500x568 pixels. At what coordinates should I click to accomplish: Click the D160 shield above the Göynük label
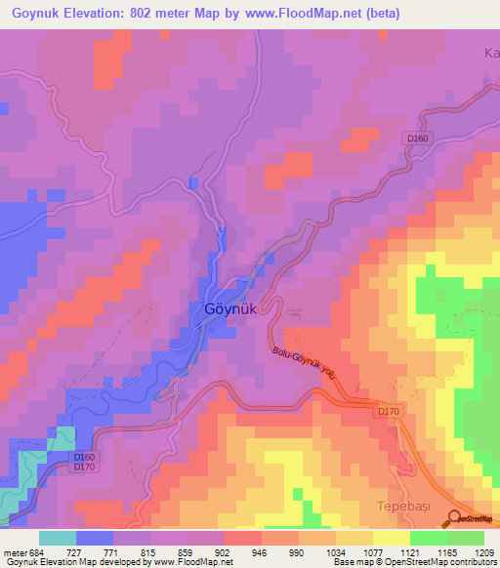pyautogui.click(x=418, y=139)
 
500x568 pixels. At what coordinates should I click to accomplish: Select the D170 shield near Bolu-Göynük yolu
pyautogui.click(x=388, y=413)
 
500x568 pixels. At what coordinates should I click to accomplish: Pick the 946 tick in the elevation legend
pyautogui.click(x=260, y=551)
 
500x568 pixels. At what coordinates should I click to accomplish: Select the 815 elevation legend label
pyautogui.click(x=149, y=551)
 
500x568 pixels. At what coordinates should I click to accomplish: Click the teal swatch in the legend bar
pyautogui.click(x=58, y=538)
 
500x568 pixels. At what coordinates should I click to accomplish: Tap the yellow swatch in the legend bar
pyautogui.click(x=391, y=538)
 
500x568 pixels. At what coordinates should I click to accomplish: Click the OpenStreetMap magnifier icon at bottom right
pyautogui.click(x=456, y=519)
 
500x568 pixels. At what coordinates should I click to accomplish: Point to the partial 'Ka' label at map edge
pyautogui.click(x=491, y=54)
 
